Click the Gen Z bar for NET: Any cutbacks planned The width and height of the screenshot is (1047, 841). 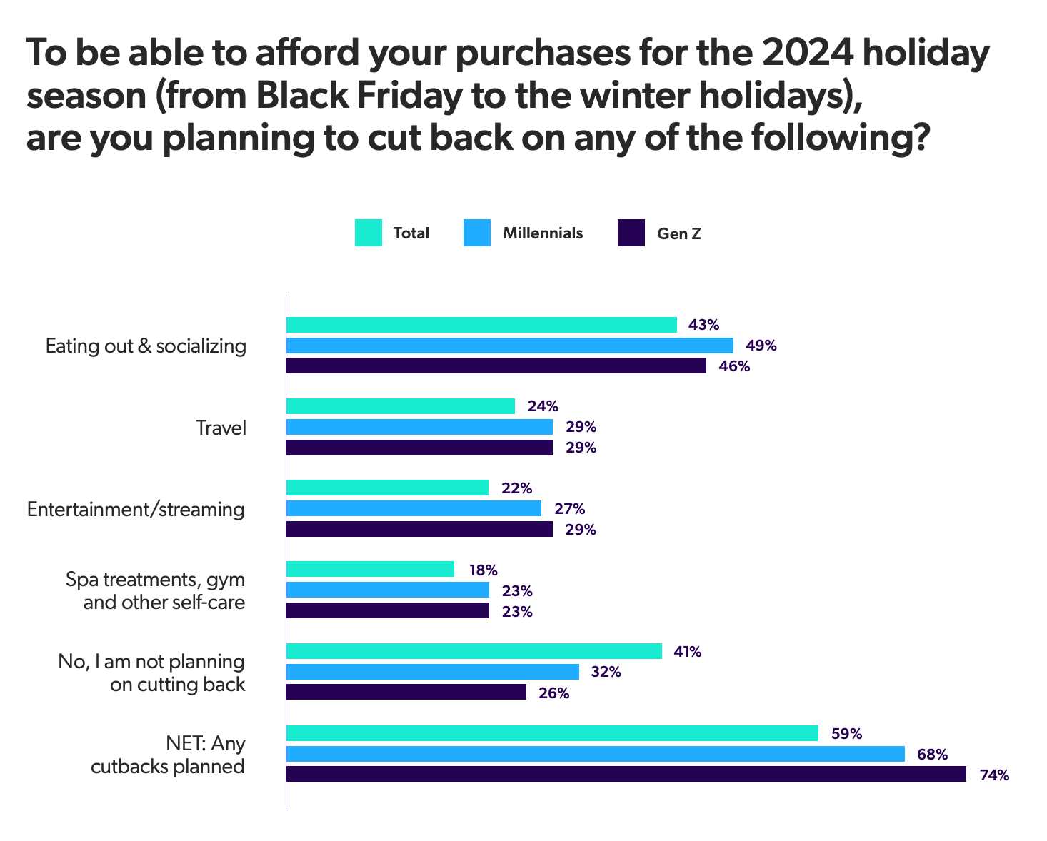pyautogui.click(x=626, y=775)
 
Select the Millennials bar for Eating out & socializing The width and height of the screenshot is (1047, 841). pyautogui.click(x=509, y=346)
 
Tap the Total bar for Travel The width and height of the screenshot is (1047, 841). pyautogui.click(x=400, y=406)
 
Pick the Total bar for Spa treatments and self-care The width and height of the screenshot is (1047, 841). pyautogui.click(x=370, y=569)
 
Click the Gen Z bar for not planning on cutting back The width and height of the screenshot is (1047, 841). pyautogui.click(x=406, y=693)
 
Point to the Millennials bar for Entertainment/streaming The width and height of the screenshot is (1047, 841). pyautogui.click(x=414, y=508)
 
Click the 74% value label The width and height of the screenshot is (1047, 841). pyautogui.click(x=994, y=775)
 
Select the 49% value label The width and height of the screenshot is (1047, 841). pyautogui.click(x=761, y=346)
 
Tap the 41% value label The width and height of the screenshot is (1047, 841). pyautogui.click(x=686, y=652)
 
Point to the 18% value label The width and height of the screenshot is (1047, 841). pyautogui.click(x=483, y=570)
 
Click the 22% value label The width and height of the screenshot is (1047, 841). pyautogui.click(x=516, y=488)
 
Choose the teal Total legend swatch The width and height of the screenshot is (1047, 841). pyautogui.click(x=368, y=233)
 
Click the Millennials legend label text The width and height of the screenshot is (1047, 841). pyautogui.click(x=543, y=233)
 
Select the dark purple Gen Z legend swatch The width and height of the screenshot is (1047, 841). pyautogui.click(x=631, y=233)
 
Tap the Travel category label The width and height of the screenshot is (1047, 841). pyautogui.click(x=221, y=428)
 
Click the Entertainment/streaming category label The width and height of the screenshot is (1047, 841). pyautogui.click(x=136, y=510)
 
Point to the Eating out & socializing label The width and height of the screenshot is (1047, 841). pyautogui.click(x=146, y=346)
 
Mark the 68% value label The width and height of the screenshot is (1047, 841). pyautogui.click(x=933, y=755)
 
